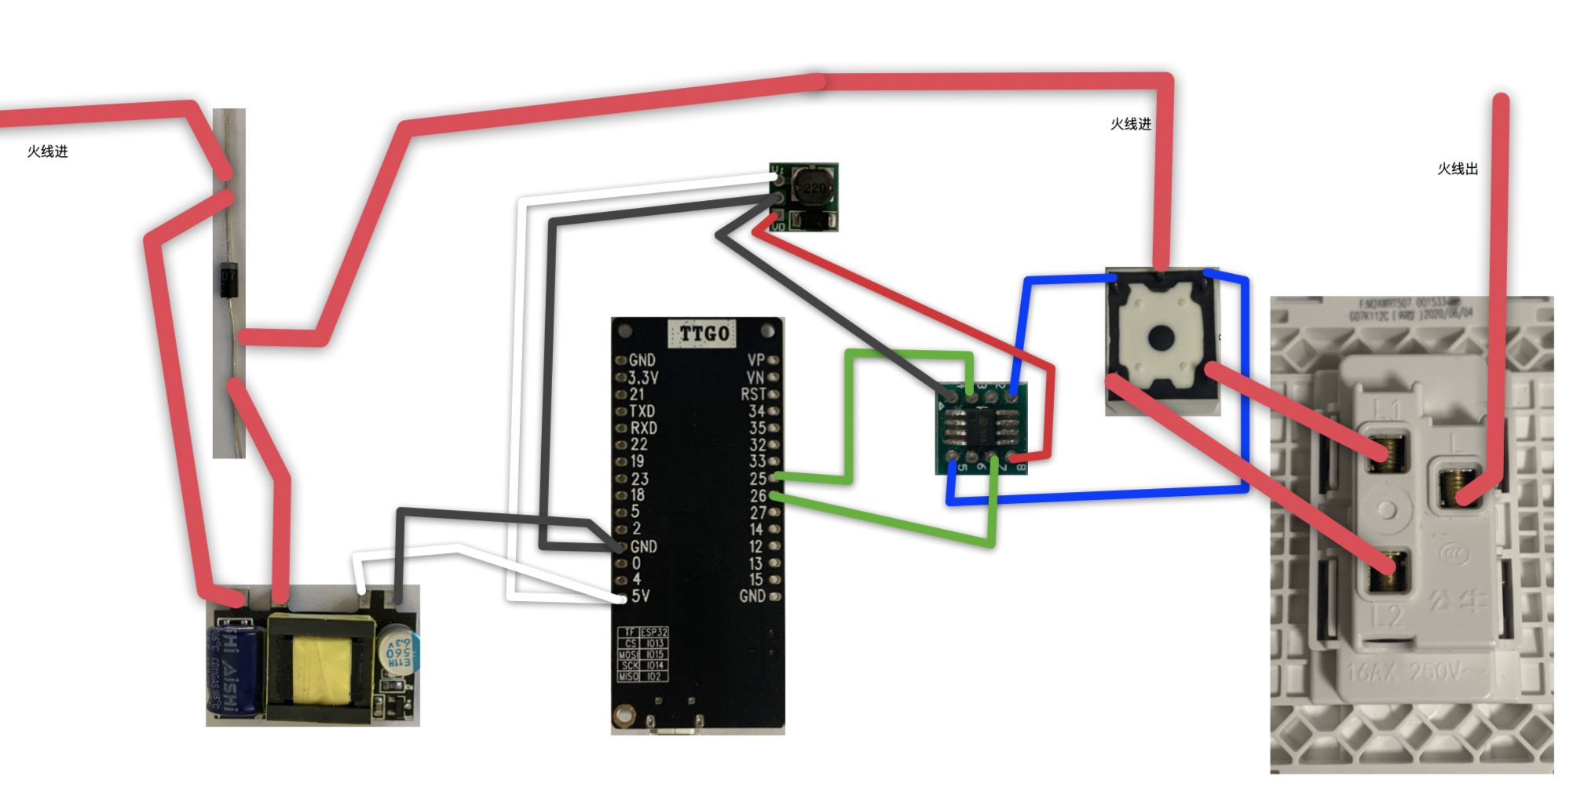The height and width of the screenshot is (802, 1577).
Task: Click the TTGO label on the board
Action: [x=704, y=334]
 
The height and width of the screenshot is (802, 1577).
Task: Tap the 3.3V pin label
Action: [x=643, y=377]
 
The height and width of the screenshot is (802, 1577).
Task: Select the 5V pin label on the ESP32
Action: [x=641, y=596]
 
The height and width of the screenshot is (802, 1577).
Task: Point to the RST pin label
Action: [x=753, y=394]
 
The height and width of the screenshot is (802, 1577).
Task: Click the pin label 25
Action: [x=757, y=479]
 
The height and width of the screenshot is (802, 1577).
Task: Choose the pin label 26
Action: [x=757, y=496]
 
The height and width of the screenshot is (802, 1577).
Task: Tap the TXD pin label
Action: [x=642, y=411]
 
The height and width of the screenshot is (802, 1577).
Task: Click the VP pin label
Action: [x=756, y=360]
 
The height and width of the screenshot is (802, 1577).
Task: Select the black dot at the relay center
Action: [x=1161, y=338]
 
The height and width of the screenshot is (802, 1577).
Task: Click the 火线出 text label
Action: [x=1458, y=169]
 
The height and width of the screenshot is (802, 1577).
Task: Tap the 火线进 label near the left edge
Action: [x=47, y=151]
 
